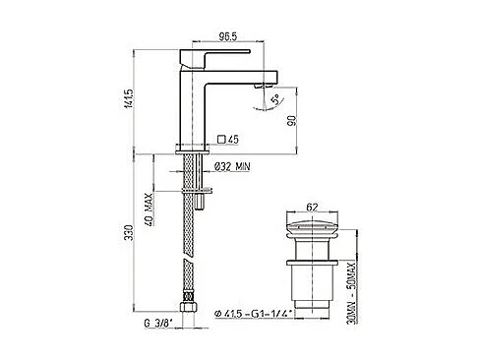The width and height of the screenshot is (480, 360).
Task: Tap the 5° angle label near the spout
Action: tap(279, 98)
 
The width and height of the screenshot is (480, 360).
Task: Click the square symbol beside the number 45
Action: tap(221, 139)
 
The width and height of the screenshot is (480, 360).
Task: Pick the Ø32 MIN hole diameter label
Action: tap(233, 168)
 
